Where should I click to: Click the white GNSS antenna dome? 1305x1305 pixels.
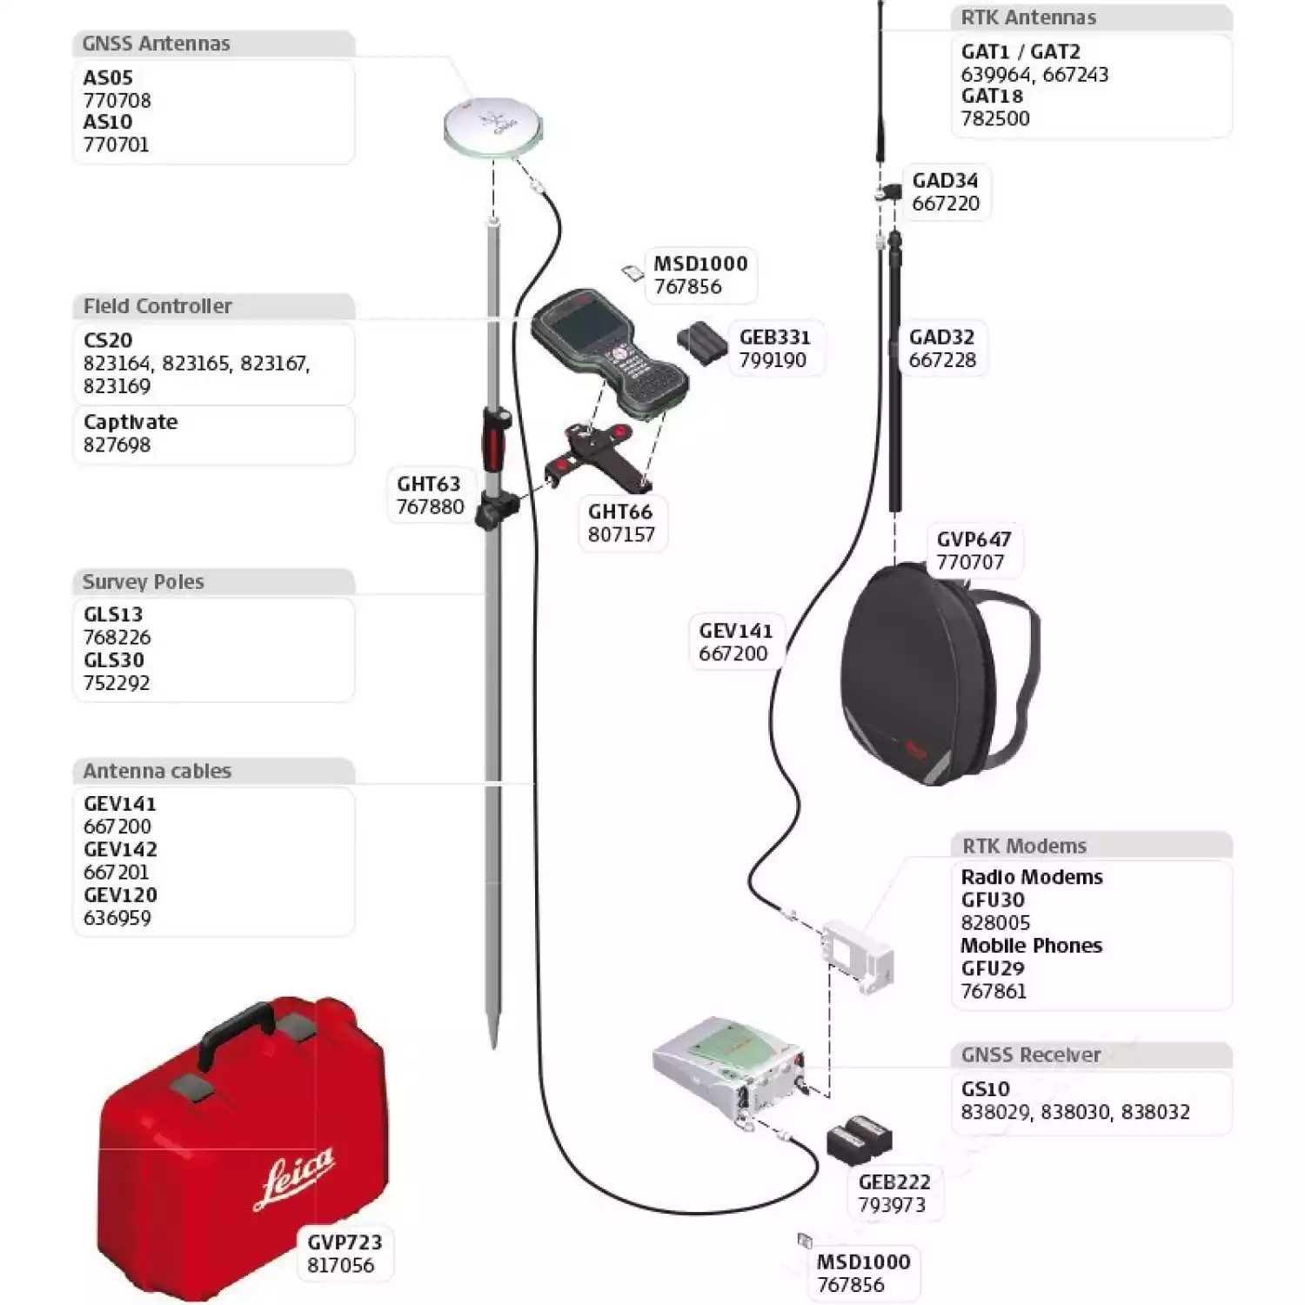[x=492, y=126]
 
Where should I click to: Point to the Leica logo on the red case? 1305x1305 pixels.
[x=294, y=1177]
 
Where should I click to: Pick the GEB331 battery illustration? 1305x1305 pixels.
[x=701, y=345]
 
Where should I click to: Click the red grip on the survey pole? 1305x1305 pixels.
[x=493, y=440]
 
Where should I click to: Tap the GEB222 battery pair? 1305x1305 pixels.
[x=859, y=1138]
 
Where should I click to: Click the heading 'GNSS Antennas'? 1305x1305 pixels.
[x=157, y=43]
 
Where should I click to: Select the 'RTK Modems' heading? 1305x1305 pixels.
[x=1024, y=846]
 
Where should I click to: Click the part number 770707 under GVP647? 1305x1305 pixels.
[x=970, y=562]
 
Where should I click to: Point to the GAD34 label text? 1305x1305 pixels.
[x=945, y=181]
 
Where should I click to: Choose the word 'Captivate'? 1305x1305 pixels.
[x=130, y=422]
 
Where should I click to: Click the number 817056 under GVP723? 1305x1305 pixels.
[x=340, y=1265]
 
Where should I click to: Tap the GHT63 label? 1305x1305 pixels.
[x=428, y=484]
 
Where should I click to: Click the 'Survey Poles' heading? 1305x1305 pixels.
[x=144, y=582]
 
